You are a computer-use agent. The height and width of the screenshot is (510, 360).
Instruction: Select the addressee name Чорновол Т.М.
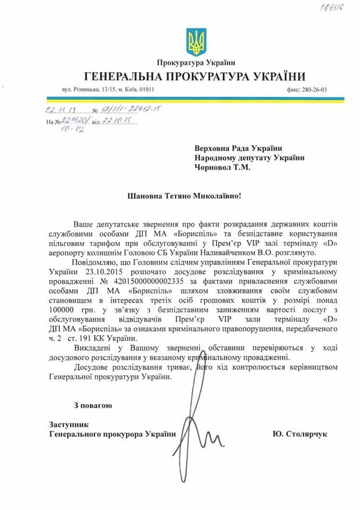[x=223, y=169]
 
